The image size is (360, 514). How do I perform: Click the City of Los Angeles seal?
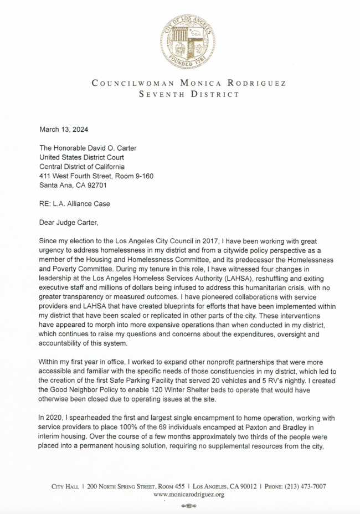click(187, 42)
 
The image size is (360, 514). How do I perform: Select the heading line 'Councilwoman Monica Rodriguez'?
click(188, 84)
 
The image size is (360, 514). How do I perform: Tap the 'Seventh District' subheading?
click(188, 95)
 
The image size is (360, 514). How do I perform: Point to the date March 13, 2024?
click(64, 130)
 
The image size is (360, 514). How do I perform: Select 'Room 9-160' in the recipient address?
click(134, 176)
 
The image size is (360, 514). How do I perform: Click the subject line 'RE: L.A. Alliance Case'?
click(74, 204)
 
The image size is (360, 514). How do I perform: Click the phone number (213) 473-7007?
click(305, 486)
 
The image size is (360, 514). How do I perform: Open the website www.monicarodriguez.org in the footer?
click(188, 494)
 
